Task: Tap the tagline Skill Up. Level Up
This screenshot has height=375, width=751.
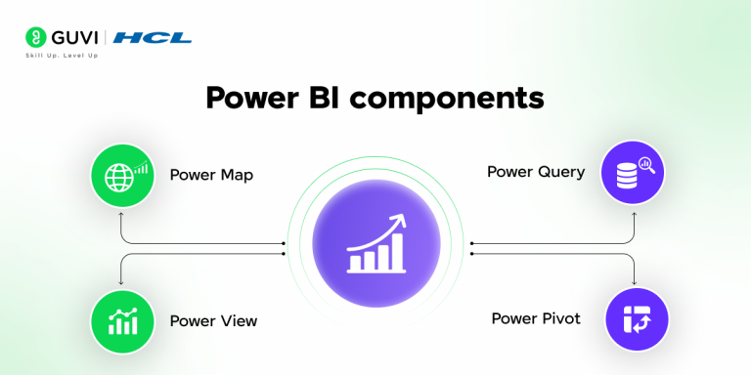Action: click(x=62, y=55)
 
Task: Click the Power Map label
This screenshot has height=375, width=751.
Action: click(x=210, y=176)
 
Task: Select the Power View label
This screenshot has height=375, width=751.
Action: click(x=212, y=320)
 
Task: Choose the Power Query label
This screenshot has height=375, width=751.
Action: click(x=536, y=172)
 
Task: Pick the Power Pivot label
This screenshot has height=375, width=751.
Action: click(x=536, y=318)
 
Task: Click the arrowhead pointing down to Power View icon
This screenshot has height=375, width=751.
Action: click(x=119, y=282)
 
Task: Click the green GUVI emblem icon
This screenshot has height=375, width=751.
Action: click(x=35, y=38)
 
